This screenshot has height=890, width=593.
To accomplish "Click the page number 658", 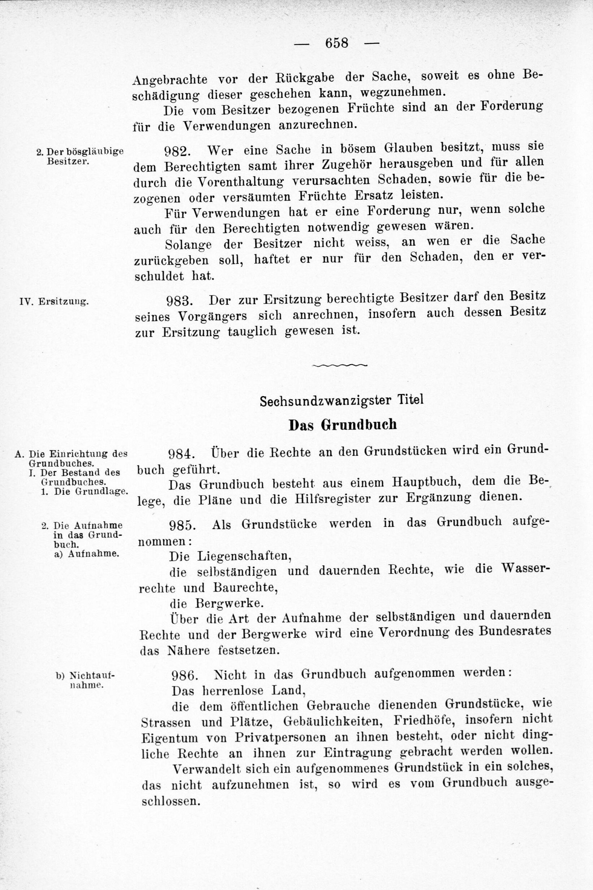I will [x=336, y=43].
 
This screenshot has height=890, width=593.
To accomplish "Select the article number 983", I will [x=180, y=301].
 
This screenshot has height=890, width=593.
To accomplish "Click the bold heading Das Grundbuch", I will [x=343, y=425].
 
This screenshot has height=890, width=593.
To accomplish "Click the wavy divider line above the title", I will [x=340, y=366].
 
